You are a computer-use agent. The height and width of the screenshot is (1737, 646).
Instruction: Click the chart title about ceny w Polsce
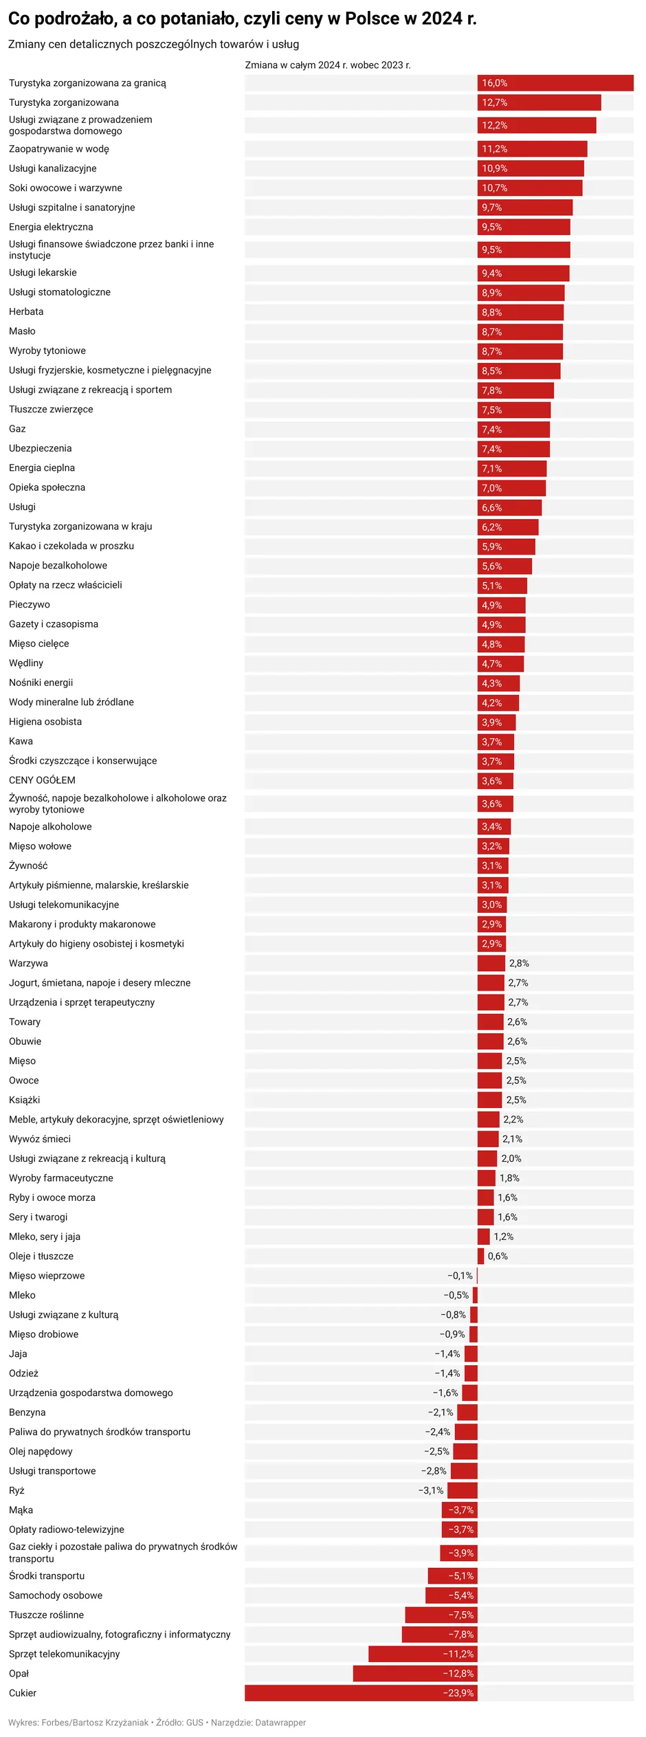pos(242,19)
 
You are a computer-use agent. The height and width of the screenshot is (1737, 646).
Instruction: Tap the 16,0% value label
pos(494,83)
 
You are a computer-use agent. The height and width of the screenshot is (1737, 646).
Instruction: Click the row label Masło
pos(22,331)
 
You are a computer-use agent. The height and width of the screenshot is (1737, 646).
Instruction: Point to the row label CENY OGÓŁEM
pos(42,780)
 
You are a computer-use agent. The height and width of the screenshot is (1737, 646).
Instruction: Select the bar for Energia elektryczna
pos(524,228)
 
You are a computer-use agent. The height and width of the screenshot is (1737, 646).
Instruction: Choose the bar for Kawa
pos(495,742)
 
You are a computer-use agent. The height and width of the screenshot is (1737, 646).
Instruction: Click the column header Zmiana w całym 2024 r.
pos(328,65)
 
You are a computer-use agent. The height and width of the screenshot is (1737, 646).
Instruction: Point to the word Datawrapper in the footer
pos(280,1723)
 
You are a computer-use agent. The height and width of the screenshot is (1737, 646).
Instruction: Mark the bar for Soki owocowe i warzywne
pos(530,188)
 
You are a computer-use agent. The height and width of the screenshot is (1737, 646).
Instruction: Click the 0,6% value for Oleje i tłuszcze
pos(498,1256)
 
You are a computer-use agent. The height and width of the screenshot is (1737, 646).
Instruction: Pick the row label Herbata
pos(26,312)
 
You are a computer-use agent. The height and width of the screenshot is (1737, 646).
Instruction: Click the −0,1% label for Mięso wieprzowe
pos(460,1276)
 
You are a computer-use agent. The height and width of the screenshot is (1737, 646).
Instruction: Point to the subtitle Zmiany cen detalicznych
pos(153,45)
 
